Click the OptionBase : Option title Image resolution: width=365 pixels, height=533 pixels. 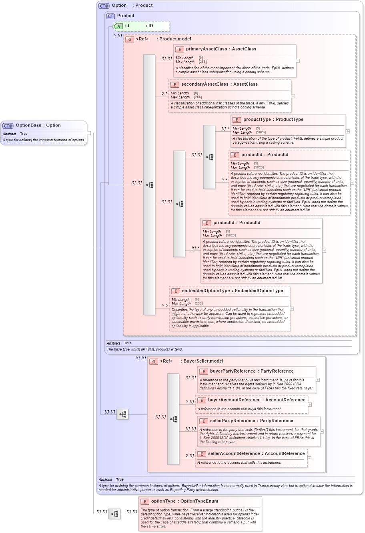tap(38, 125)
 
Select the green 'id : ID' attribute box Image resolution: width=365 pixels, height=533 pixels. tap(141, 26)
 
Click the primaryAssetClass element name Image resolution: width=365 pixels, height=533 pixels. tap(221, 49)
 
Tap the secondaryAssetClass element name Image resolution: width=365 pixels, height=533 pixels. tap(219, 84)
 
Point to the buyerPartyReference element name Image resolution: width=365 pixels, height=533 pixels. tap(251, 371)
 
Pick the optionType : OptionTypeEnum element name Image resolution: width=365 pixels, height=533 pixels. tap(185, 501)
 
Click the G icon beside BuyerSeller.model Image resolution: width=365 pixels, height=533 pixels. tap(153, 361)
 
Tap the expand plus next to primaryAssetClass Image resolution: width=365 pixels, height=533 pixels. tap(298, 61)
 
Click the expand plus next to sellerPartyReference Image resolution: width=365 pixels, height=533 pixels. tap(322, 431)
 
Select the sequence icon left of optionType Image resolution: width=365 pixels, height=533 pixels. tap(114, 514)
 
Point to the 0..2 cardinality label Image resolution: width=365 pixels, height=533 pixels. tap(164, 306)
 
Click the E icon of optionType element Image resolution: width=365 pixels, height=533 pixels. tap(145, 501)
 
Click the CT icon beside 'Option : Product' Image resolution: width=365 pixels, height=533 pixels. tap(104, 6)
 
